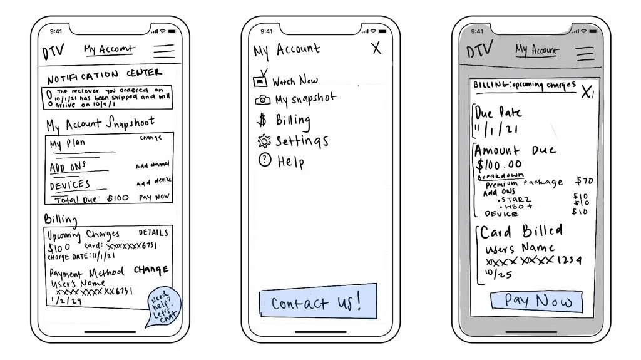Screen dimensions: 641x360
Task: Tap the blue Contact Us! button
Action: tap(318, 303)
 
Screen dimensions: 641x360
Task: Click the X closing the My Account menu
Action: tap(376, 48)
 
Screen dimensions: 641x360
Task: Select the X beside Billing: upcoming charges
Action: tap(586, 93)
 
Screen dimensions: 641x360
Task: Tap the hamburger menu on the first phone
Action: tap(164, 51)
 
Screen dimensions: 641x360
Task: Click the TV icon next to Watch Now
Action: tap(260, 80)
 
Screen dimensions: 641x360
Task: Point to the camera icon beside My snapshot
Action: tap(263, 100)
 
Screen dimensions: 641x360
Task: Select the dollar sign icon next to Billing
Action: tap(262, 120)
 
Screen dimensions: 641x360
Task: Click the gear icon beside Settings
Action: tap(264, 141)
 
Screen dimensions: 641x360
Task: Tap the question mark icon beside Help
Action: tap(264, 160)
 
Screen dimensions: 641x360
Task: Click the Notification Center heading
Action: tap(105, 75)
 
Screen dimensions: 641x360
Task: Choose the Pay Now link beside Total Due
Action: tap(154, 197)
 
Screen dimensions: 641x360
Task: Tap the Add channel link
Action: tap(152, 165)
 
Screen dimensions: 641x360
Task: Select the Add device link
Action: tap(153, 182)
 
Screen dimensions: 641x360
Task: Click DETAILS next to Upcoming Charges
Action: tap(153, 232)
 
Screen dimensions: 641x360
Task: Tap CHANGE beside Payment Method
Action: tap(151, 270)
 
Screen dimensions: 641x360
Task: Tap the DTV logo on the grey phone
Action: tap(481, 49)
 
